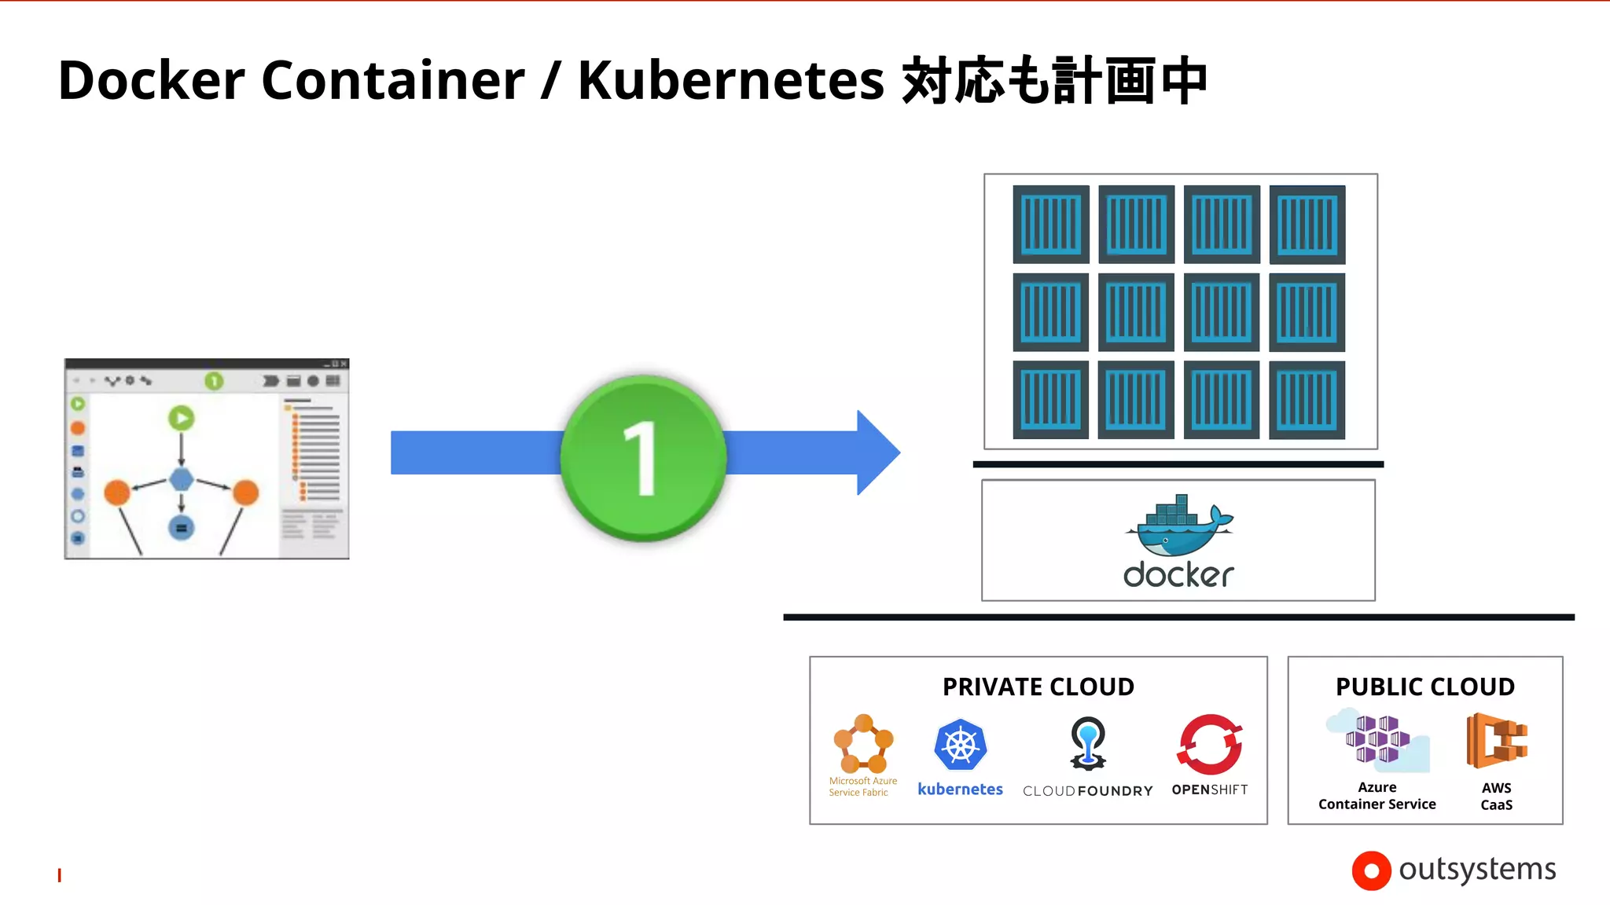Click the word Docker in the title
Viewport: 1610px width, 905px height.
(x=152, y=80)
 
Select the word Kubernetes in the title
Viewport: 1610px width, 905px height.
(x=731, y=80)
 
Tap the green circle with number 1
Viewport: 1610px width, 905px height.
(x=644, y=458)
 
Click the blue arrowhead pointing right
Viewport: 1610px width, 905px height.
(x=877, y=452)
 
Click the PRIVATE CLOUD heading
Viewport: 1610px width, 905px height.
(x=1038, y=687)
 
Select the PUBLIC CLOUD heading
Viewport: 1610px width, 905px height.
(x=1424, y=687)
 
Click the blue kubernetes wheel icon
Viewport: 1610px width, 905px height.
(x=960, y=745)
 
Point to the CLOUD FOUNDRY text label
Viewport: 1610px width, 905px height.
(x=1087, y=790)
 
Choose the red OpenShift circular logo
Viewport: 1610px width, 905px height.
(x=1209, y=744)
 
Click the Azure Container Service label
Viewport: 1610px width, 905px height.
(x=1377, y=796)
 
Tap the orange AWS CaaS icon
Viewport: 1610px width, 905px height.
(x=1496, y=740)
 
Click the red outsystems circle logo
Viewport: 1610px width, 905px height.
(x=1371, y=870)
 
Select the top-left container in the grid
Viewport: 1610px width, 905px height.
(x=1051, y=225)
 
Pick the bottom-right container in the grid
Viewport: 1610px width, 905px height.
(x=1307, y=400)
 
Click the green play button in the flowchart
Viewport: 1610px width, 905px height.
(x=182, y=418)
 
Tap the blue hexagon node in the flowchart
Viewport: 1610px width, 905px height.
(x=182, y=479)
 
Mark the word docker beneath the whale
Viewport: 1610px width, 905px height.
(x=1178, y=575)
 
